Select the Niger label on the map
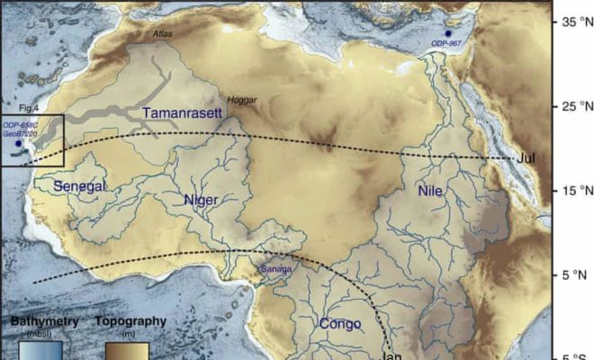200,199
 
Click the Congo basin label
340,323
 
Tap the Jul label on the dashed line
528,158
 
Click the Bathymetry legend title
46,321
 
